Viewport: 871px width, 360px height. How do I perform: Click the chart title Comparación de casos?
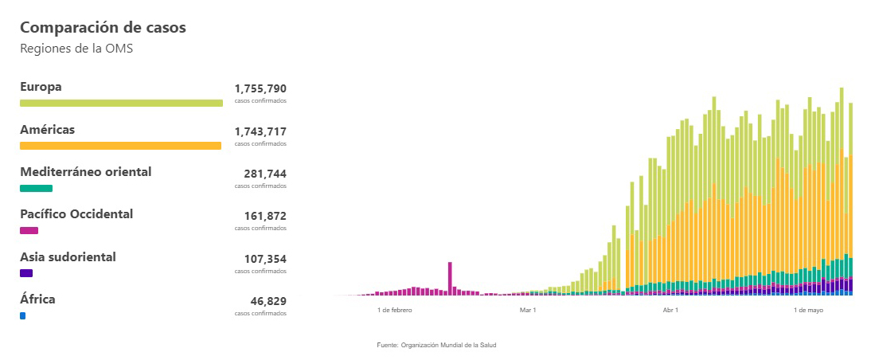click(x=103, y=27)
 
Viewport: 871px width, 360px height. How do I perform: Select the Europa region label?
click(x=41, y=87)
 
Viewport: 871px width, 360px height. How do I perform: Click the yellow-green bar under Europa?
click(x=121, y=103)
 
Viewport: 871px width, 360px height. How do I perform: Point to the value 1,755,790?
click(x=260, y=88)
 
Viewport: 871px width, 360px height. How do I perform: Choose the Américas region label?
click(x=48, y=129)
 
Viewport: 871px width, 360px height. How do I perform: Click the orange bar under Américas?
click(x=120, y=146)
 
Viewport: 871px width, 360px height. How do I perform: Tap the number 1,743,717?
click(x=260, y=131)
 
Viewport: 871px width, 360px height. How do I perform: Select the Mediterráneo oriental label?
click(x=85, y=172)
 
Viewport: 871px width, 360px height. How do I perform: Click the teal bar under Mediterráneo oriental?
click(x=36, y=188)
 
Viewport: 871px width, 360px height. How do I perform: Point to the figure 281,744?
click(x=265, y=174)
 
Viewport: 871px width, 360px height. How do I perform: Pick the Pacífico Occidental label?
click(x=76, y=214)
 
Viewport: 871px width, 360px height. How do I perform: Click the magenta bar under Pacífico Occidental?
click(x=29, y=230)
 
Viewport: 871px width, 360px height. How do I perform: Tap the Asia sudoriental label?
click(x=68, y=257)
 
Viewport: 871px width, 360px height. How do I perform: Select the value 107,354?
click(x=265, y=259)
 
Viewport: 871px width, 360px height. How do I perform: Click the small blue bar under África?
click(x=22, y=316)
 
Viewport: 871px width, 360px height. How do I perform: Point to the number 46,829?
click(x=268, y=301)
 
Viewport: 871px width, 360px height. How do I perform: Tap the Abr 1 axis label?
click(x=670, y=309)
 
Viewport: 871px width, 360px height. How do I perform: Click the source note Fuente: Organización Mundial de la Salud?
click(x=436, y=345)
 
